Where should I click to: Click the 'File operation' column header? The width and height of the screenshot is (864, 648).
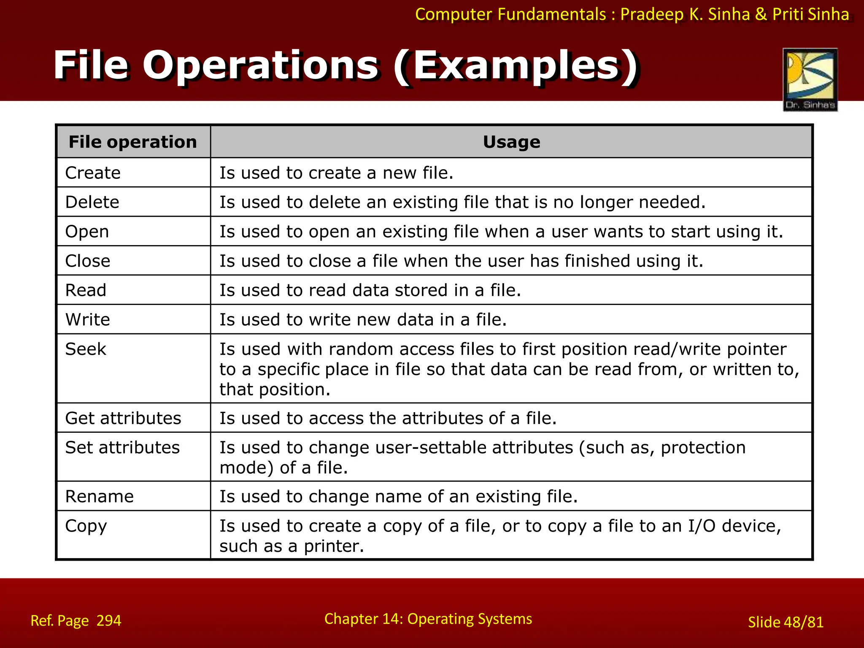[x=132, y=142]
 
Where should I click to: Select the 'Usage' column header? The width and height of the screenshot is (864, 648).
[x=511, y=142]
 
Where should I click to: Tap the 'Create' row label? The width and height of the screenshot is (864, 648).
[x=93, y=173]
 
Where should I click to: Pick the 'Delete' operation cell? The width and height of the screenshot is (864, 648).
[x=92, y=202]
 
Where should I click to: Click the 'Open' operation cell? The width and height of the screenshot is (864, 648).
[x=87, y=232]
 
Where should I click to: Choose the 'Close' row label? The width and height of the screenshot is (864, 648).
[x=88, y=261]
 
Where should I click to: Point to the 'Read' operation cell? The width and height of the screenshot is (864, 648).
[x=86, y=290]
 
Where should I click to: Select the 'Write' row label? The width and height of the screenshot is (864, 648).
[x=88, y=320]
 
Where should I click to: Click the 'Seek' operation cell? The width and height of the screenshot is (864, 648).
[x=86, y=349]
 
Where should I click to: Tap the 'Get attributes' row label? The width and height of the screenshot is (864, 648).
[x=123, y=418]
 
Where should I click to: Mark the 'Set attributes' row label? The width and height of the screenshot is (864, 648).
[x=122, y=448]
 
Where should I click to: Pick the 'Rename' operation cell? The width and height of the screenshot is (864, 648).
[x=100, y=497]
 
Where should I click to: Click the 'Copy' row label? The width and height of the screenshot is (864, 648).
[x=86, y=526]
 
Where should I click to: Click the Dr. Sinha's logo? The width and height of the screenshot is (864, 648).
[x=810, y=79]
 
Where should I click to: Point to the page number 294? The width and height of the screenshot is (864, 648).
[x=109, y=621]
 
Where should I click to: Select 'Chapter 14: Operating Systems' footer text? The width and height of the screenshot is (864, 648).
[x=428, y=619]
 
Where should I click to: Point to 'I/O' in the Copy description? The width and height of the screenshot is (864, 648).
[x=702, y=526]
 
